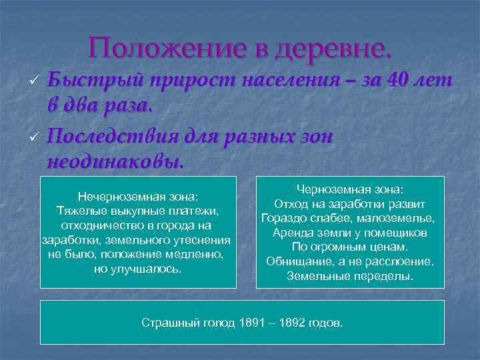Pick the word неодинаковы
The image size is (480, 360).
115,161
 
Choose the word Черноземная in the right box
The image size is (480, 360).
333,189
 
